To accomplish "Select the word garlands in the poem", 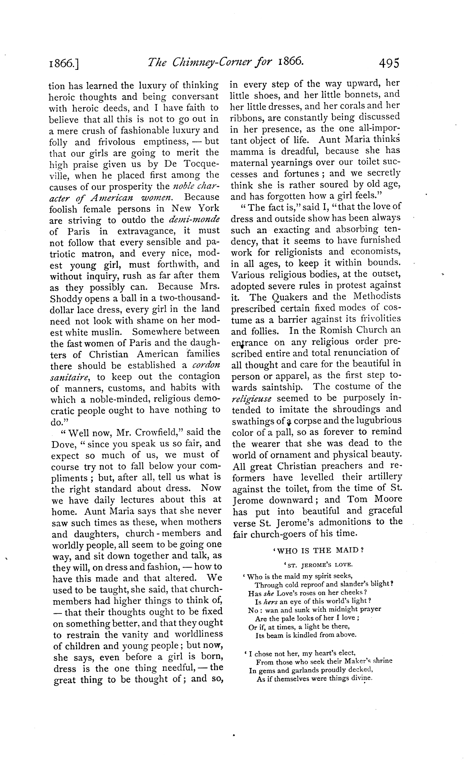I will [305, 670].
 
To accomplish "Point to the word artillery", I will [382, 477].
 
